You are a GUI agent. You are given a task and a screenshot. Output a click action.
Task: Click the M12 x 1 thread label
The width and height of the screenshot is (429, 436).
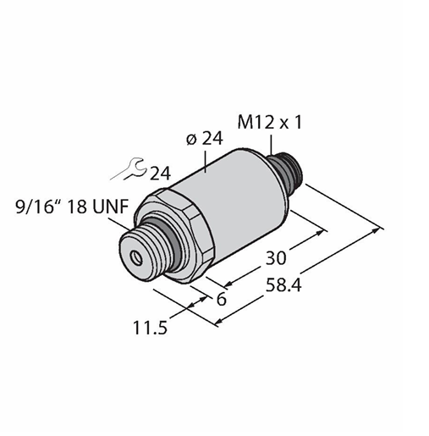point(270,123)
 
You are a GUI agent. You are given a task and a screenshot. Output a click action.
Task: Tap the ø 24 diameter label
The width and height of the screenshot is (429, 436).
point(205,138)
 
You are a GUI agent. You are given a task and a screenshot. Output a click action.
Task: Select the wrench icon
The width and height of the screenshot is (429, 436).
point(129,168)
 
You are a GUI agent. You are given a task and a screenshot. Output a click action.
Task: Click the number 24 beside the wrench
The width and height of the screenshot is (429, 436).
point(160,174)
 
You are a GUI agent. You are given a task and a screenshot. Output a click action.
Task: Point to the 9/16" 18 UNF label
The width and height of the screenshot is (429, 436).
point(72,207)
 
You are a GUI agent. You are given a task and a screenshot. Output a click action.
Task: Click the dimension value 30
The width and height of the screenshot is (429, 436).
point(276,257)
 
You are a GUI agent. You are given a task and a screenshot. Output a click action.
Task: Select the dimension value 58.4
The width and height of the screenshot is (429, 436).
point(283,284)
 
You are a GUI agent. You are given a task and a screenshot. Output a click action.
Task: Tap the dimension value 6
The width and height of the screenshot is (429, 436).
point(222,299)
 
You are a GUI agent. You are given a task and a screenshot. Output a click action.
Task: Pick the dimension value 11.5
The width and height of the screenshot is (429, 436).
point(151,328)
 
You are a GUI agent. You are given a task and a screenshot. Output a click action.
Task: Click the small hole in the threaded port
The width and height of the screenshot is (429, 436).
point(136,257)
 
